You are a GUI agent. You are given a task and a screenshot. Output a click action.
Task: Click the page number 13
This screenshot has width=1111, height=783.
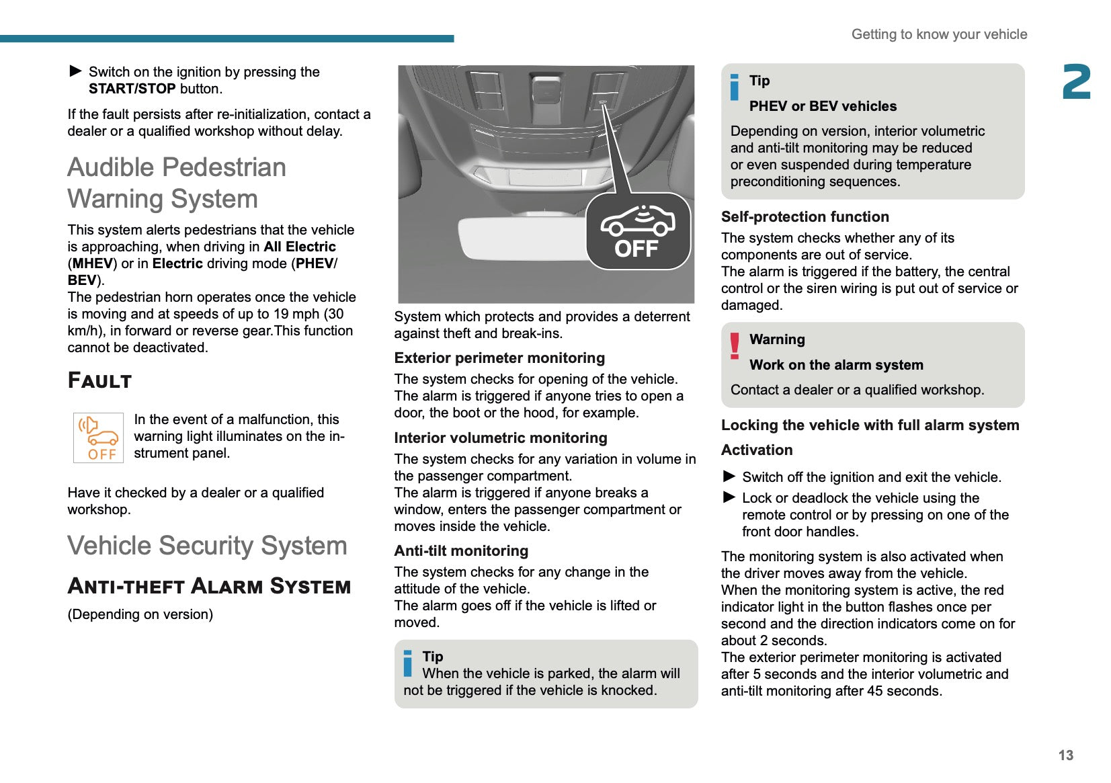pyautogui.click(x=1065, y=755)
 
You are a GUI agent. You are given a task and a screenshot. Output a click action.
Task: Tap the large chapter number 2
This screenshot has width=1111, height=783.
pyautogui.click(x=1076, y=82)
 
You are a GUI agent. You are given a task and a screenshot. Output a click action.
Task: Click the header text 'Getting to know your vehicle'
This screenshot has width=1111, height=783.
pyautogui.click(x=939, y=34)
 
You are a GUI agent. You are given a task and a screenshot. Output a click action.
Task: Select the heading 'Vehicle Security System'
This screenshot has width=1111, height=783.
pyautogui.click(x=207, y=546)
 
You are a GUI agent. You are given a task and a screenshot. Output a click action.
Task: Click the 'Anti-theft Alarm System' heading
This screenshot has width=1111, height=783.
pyautogui.click(x=209, y=586)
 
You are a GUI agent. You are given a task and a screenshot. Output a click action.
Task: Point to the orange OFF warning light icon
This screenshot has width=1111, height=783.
pyautogui.click(x=98, y=438)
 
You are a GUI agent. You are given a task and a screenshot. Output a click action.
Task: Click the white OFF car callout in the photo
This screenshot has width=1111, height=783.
pyautogui.click(x=638, y=231)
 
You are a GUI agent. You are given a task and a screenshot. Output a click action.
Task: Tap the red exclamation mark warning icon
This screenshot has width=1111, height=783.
pyautogui.click(x=735, y=345)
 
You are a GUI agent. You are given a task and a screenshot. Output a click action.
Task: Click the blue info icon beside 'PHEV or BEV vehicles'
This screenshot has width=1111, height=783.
pyautogui.click(x=735, y=87)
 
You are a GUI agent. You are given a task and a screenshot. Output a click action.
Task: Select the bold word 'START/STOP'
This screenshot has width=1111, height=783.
pyautogui.click(x=132, y=89)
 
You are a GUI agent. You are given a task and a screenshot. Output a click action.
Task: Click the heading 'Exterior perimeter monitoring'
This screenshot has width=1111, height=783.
pyautogui.click(x=499, y=358)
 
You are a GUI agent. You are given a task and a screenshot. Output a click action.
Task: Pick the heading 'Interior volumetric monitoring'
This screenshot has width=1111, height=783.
pyautogui.click(x=501, y=438)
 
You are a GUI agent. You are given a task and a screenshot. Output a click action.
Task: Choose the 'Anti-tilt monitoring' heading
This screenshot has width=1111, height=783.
pyautogui.click(x=461, y=551)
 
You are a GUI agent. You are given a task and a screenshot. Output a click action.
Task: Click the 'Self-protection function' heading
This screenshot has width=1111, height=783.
pyautogui.click(x=805, y=217)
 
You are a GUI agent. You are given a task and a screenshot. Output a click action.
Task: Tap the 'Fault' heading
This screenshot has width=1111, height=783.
pyautogui.click(x=99, y=380)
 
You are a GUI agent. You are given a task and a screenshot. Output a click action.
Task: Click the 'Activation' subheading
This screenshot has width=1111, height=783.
pyautogui.click(x=757, y=450)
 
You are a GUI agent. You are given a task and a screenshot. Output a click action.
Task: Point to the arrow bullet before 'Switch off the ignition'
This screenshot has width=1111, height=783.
pyautogui.click(x=729, y=477)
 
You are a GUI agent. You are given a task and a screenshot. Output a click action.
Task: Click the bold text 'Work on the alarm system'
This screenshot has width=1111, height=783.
pyautogui.click(x=836, y=365)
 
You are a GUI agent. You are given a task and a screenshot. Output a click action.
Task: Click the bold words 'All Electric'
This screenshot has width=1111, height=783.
pyautogui.click(x=300, y=247)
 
